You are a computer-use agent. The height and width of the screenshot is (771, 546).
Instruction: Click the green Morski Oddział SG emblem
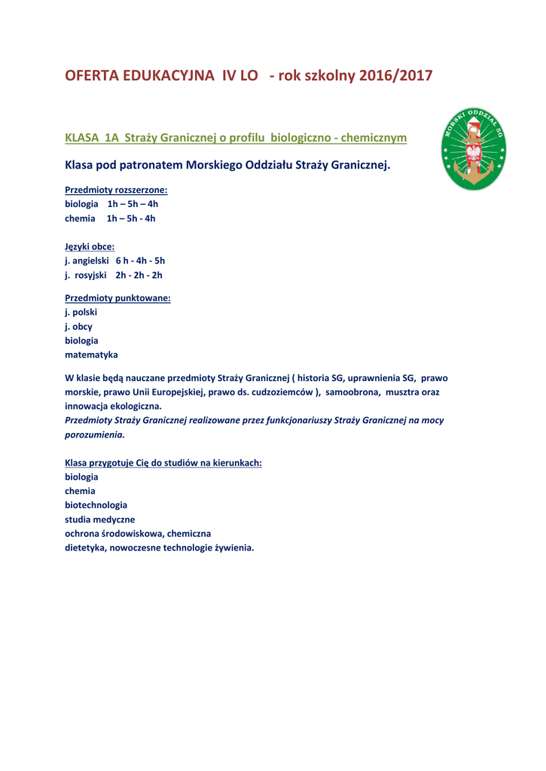click(473, 148)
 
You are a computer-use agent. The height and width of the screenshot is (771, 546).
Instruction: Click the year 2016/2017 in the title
click(395, 76)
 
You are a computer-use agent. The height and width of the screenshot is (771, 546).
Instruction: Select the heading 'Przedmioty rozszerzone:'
click(116, 190)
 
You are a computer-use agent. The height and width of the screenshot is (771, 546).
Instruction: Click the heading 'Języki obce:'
click(90, 246)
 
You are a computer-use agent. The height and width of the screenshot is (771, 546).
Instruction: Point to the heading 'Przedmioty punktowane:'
click(117, 297)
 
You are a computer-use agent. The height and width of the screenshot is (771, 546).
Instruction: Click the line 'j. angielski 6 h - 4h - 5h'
click(114, 261)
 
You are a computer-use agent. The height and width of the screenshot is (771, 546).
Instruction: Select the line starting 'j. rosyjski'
click(113, 275)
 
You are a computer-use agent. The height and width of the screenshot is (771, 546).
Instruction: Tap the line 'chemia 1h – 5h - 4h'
click(110, 218)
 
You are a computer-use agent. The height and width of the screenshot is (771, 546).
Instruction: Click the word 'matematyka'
click(91, 355)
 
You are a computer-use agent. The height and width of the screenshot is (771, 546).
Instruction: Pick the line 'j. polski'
click(81, 312)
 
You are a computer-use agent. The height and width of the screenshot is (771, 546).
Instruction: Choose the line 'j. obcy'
click(78, 326)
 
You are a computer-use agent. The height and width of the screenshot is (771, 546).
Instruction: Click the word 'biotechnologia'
click(96, 505)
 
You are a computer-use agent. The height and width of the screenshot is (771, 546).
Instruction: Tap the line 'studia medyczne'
click(100, 520)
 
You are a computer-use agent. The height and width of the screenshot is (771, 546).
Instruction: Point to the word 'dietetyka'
click(85, 548)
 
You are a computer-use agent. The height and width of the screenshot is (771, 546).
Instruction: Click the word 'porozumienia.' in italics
click(94, 434)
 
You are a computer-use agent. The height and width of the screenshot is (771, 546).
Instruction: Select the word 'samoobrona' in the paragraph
click(353, 392)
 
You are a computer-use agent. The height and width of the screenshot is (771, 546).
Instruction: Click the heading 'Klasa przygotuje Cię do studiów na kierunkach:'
click(163, 462)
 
